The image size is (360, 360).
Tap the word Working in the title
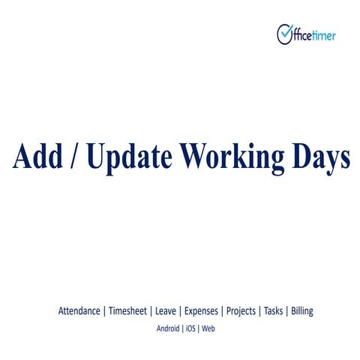pyautogui.click(x=236, y=157)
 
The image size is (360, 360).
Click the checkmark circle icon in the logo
pyautogui.click(x=285, y=34)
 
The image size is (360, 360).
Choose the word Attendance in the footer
pyautogui.click(x=79, y=310)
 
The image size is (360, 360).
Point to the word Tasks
pyautogui.click(x=274, y=310)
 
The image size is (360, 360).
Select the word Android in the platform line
pyautogui.click(x=168, y=328)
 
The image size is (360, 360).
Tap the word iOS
pyautogui.click(x=191, y=328)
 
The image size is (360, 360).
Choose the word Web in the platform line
pyautogui.click(x=208, y=328)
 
